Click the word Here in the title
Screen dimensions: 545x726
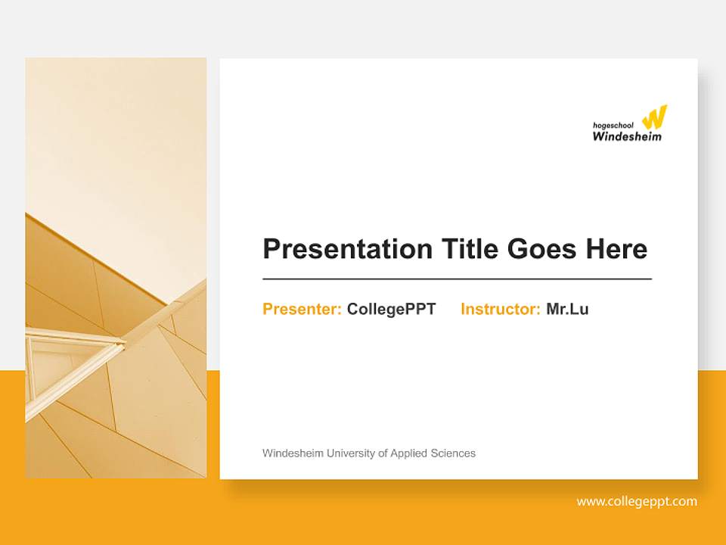click(616, 249)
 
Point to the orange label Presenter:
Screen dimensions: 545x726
click(302, 309)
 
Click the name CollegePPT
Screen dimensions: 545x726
click(391, 309)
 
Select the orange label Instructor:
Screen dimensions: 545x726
click(500, 309)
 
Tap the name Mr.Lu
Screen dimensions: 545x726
click(567, 309)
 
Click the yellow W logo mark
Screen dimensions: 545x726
click(654, 117)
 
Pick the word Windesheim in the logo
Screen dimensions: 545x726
click(626, 137)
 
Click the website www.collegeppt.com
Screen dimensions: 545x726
click(637, 501)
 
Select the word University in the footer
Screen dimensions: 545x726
click(352, 453)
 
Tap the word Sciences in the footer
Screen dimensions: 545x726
click(453, 453)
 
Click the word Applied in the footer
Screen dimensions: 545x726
click(408, 453)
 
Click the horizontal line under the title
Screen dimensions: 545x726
click(457, 279)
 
